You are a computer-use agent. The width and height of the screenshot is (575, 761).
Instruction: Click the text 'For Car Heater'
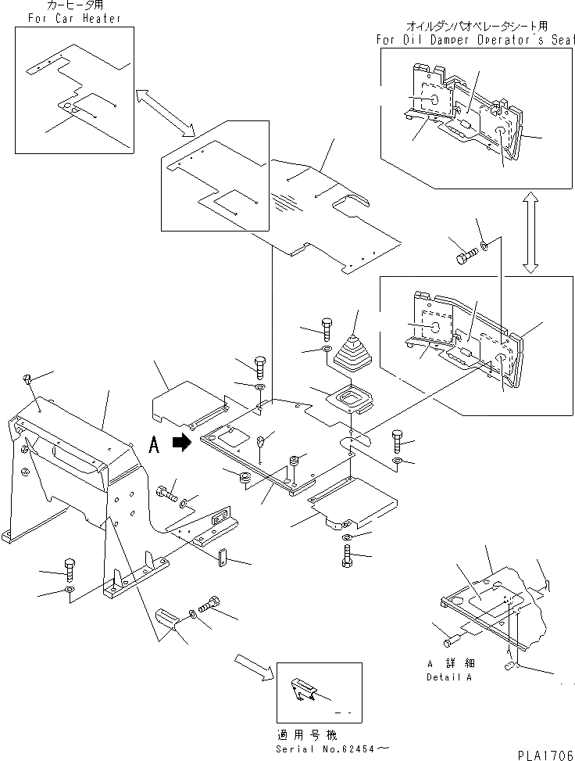coord(69,18)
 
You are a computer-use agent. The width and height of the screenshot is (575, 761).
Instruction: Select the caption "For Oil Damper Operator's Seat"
coord(475,40)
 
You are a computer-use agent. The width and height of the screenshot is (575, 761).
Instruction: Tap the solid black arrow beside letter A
coord(181,443)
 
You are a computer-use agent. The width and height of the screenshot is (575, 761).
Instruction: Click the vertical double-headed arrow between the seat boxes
coord(530,234)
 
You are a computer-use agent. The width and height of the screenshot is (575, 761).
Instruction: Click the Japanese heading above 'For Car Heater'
coord(59,6)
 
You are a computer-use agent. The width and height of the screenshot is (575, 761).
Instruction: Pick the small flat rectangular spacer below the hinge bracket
coord(221,558)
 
